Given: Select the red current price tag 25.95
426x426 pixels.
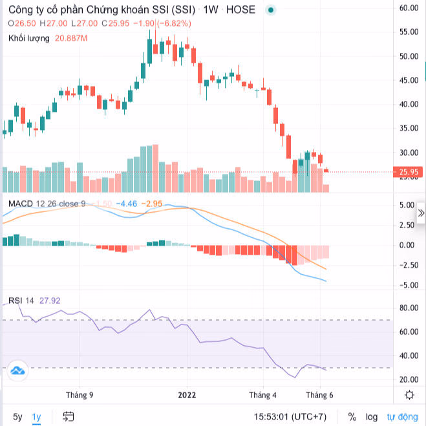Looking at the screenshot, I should (409, 172).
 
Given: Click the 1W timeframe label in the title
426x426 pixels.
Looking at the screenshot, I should (210, 10).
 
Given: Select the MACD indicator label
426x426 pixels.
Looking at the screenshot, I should (21, 204).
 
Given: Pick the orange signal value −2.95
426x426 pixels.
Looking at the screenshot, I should (154, 204).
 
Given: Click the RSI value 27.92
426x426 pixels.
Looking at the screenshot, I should (49, 300).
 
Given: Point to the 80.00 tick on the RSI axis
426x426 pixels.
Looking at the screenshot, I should (409, 308).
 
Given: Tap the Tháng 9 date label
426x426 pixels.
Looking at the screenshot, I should (80, 394).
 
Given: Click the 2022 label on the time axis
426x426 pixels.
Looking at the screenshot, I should (187, 394).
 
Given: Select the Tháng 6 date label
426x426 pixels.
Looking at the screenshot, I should (319, 394).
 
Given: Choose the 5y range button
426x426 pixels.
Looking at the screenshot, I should (17, 417).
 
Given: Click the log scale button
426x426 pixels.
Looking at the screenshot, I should (371, 417).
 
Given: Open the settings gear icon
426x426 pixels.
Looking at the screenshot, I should (409, 395).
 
